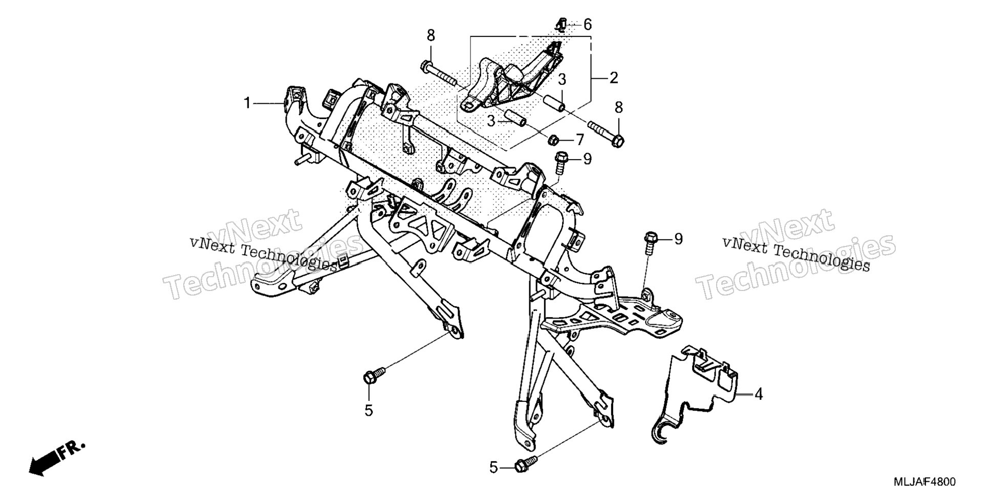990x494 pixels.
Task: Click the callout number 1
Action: [x=248, y=103]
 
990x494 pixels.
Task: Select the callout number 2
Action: [x=614, y=78]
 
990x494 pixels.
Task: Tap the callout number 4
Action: [x=758, y=394]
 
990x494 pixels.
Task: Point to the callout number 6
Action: [x=587, y=24]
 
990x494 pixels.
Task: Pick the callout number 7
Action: [x=579, y=139]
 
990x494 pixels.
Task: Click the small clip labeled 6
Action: [x=561, y=24]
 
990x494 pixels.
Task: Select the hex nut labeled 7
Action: [x=553, y=139]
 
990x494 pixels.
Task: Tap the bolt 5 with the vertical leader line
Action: [x=373, y=375]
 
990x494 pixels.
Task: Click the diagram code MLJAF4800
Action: [x=924, y=482]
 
